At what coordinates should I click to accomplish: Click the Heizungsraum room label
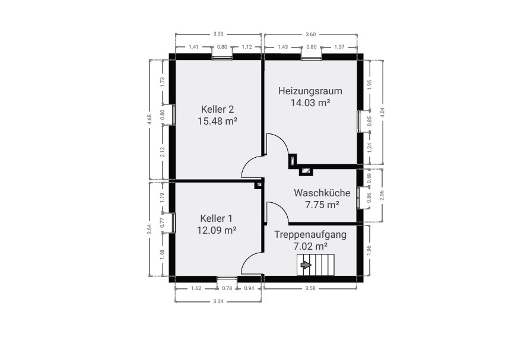pos(310,91)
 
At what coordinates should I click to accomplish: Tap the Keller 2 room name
pos(217,109)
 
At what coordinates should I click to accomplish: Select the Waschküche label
pos(322,193)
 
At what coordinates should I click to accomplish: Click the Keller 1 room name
pos(217,218)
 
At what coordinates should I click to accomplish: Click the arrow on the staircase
pos(306,265)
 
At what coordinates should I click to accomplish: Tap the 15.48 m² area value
pos(217,121)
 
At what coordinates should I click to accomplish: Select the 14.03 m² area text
pos(310,103)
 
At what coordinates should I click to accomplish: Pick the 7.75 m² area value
pos(322,205)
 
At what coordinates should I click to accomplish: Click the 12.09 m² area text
pos(217,230)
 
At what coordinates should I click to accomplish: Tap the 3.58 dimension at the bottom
pos(310,289)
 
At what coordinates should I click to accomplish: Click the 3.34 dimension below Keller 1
pos(218,302)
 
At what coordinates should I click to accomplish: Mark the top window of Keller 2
pos(222,57)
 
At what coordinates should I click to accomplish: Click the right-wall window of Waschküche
pos(359,197)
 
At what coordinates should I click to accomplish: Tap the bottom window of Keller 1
pos(227,277)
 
